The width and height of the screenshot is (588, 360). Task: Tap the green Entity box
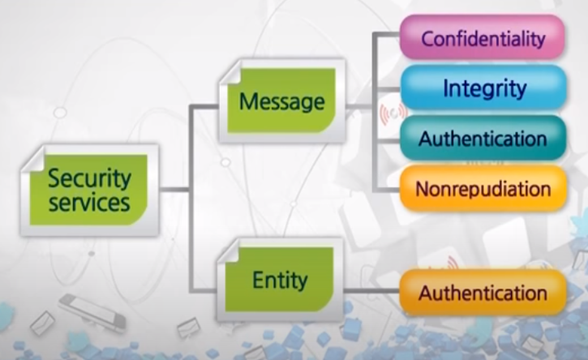pos(280,281)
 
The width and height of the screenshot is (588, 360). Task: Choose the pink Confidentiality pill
pos(482,37)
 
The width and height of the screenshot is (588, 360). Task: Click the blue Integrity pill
pos(483,88)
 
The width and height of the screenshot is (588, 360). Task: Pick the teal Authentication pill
pos(483,139)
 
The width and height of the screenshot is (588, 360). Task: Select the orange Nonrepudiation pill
pos(483,189)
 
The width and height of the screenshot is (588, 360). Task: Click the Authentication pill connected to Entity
pos(483,293)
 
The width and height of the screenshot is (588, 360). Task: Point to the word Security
pos(89,178)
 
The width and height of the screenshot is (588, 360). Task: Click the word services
pos(89,203)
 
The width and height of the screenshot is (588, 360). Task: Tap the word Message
pos(282,102)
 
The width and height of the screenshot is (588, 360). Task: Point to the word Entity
pos(280,281)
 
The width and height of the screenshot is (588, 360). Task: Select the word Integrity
pos(484,88)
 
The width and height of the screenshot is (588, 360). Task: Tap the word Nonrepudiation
pos(483,189)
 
